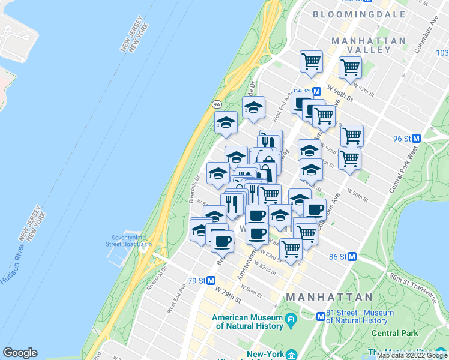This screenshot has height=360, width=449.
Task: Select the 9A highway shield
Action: tap(217, 104)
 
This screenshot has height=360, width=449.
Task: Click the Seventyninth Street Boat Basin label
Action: tap(128, 240)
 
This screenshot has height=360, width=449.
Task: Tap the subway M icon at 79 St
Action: tap(220, 280)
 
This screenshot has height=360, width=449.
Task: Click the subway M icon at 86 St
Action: tap(352, 256)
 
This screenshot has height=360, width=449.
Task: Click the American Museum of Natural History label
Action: tap(247, 322)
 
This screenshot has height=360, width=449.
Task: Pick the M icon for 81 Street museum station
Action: tap(321, 316)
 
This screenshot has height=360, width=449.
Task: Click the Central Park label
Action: tap(394, 332)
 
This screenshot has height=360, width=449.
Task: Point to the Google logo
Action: tap(20, 353)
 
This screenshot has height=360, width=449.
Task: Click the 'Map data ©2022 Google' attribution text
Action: tap(412, 355)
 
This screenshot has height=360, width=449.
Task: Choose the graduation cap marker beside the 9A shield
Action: tap(226, 122)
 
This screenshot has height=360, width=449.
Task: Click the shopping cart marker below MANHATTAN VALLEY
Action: tap(350, 67)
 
